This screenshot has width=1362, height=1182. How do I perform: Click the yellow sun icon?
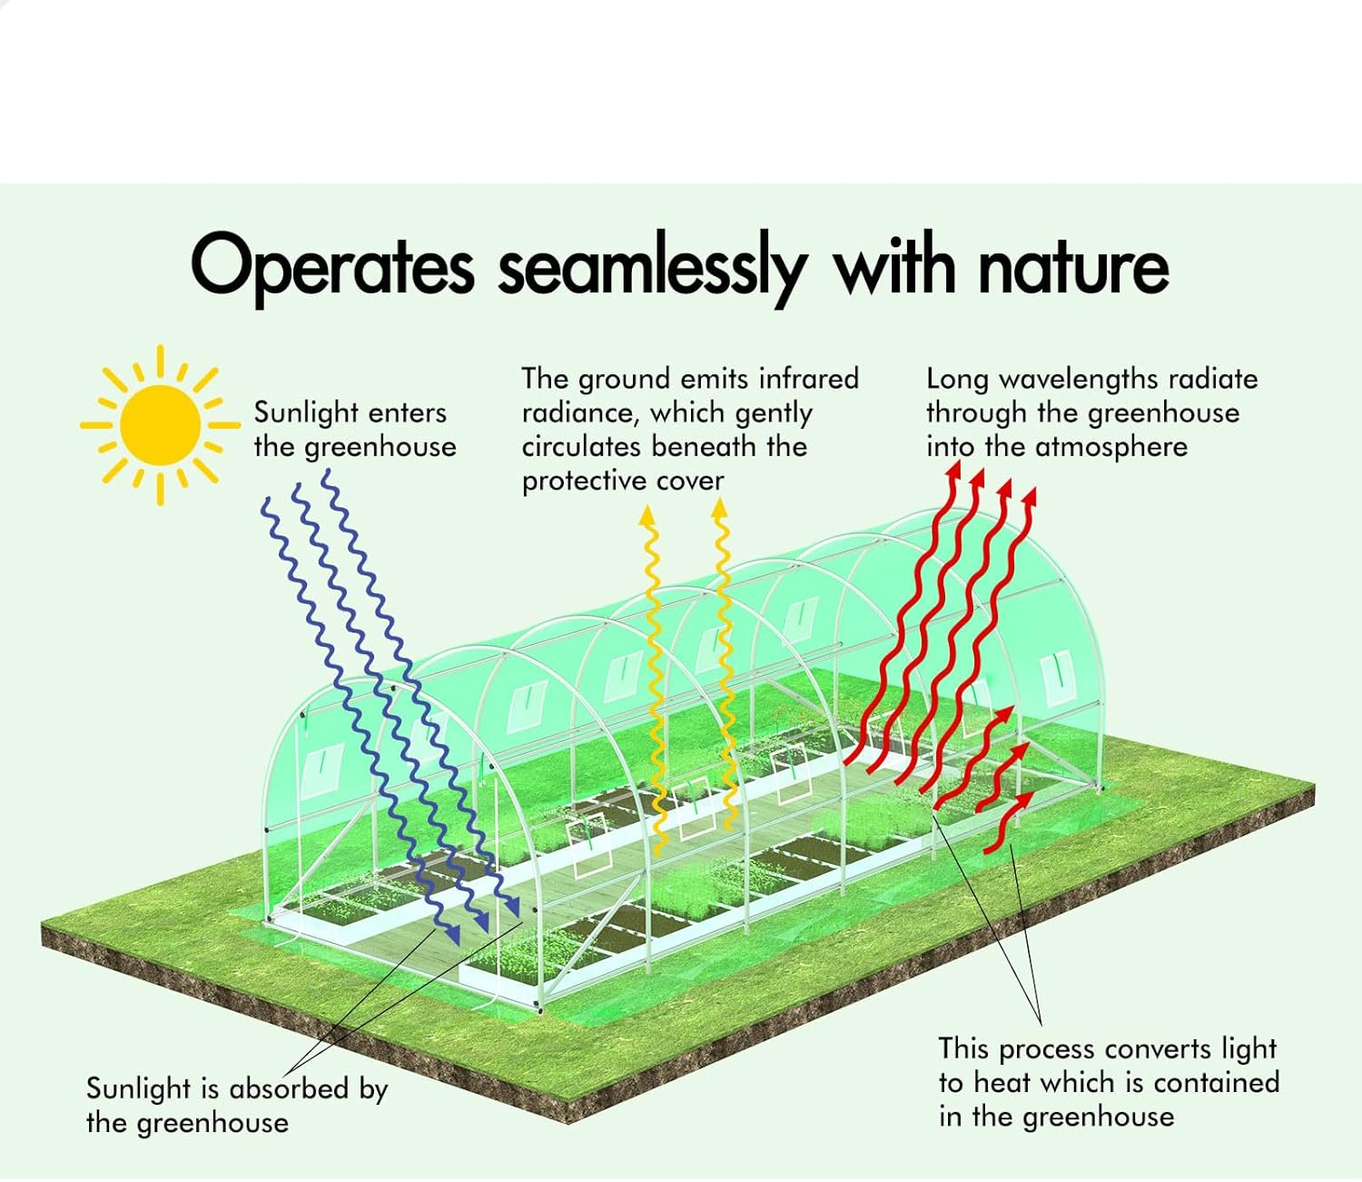coord(160,424)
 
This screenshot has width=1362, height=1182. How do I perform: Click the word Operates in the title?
coord(331,266)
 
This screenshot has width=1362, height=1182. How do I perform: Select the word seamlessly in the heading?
coord(652,266)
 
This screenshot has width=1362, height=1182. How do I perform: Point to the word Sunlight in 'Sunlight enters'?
coord(306,412)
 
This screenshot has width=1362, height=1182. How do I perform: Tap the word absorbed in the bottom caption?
coord(288,1088)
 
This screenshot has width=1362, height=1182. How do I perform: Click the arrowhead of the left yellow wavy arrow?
coord(647,514)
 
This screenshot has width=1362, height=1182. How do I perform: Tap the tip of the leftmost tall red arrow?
coord(953,469)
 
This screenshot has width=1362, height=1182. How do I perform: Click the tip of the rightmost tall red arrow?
coord(1030,496)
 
